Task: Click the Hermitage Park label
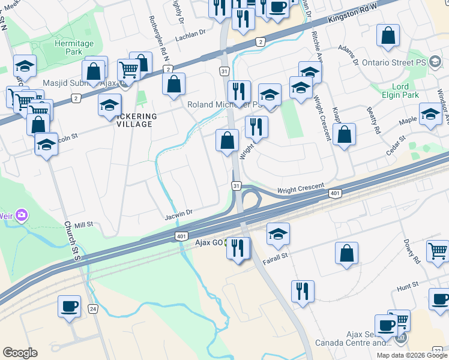(74, 48)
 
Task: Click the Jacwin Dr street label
(178, 212)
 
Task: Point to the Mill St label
(84, 224)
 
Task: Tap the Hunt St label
(407, 288)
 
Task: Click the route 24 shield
(92, 309)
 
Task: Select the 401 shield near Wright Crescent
(335, 193)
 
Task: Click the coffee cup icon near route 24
(69, 306)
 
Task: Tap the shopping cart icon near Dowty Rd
(438, 250)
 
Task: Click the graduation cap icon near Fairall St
(278, 234)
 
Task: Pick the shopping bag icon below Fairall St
(347, 253)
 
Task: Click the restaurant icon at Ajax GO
(238, 247)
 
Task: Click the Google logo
(20, 353)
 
